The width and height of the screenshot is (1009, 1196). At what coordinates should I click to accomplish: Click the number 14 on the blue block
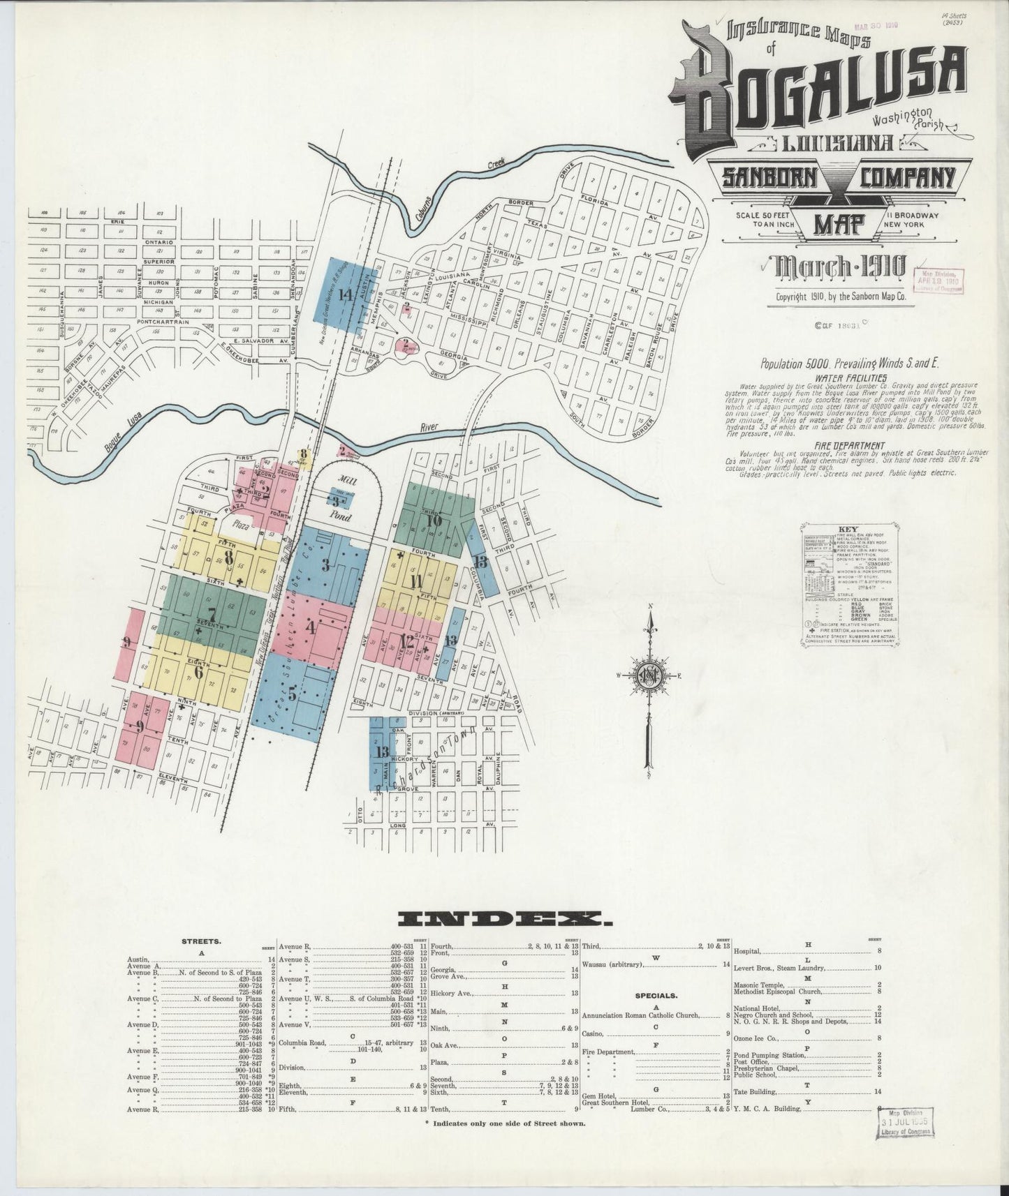tap(344, 294)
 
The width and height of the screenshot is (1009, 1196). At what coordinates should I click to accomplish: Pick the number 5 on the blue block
tap(293, 694)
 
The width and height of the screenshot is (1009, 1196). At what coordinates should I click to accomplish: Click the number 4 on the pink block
tap(311, 627)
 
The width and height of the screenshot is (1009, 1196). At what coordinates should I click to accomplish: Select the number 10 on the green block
tap(434, 520)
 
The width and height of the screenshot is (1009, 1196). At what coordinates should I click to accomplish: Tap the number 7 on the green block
tap(211, 614)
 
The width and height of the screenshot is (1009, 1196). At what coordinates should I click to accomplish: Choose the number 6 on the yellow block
tap(198, 673)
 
